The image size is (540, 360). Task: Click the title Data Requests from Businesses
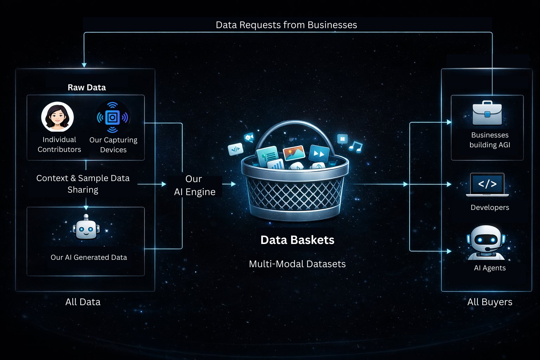click(286, 25)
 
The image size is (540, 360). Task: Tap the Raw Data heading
click(86, 87)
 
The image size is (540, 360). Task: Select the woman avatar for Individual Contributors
click(57, 117)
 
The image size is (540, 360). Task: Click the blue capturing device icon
click(112, 117)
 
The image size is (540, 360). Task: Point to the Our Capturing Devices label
click(113, 144)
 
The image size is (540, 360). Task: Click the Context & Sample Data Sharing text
click(83, 184)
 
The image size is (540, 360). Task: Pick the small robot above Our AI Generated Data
click(86, 228)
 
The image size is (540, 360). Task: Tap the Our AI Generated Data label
click(89, 257)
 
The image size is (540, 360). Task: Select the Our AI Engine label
click(194, 185)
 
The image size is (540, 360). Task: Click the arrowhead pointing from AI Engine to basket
click(234, 184)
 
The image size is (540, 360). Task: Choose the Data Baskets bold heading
click(297, 240)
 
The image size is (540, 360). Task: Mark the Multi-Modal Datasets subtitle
click(297, 264)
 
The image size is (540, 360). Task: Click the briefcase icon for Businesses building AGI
click(487, 113)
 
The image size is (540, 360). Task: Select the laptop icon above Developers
click(487, 185)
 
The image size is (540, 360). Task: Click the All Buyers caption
click(489, 302)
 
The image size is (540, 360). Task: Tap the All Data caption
click(83, 302)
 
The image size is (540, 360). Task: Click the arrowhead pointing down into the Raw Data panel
click(84, 65)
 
